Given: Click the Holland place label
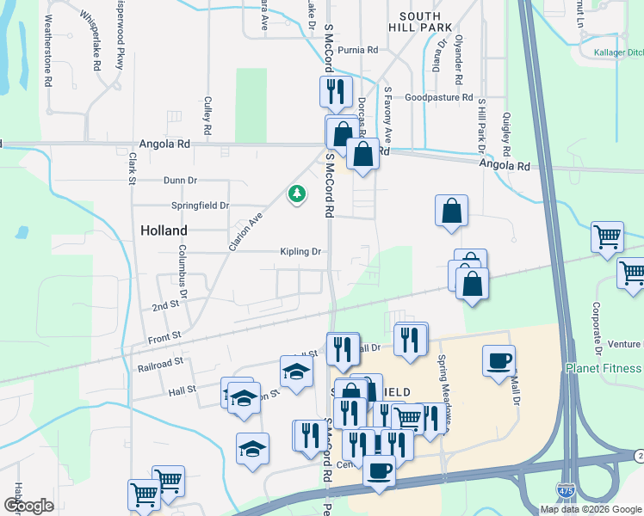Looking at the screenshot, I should pyautogui.click(x=164, y=230).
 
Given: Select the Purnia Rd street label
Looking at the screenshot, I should pyautogui.click(x=358, y=51).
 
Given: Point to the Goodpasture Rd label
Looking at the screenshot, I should pyautogui.click(x=439, y=98).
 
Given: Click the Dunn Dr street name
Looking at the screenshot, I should pyautogui.click(x=180, y=181).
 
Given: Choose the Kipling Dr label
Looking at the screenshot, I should pyautogui.click(x=300, y=252).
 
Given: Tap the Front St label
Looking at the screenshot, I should pyautogui.click(x=164, y=335).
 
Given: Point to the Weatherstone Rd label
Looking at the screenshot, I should pyautogui.click(x=48, y=41).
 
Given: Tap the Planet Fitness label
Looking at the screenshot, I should pyautogui.click(x=604, y=369).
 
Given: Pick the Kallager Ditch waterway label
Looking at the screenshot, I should pyautogui.click(x=618, y=52).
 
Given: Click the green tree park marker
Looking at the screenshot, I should pyautogui.click(x=297, y=193).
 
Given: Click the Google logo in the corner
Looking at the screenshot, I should pyautogui.click(x=28, y=506).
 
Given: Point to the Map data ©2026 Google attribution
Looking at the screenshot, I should pyautogui.click(x=590, y=509).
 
